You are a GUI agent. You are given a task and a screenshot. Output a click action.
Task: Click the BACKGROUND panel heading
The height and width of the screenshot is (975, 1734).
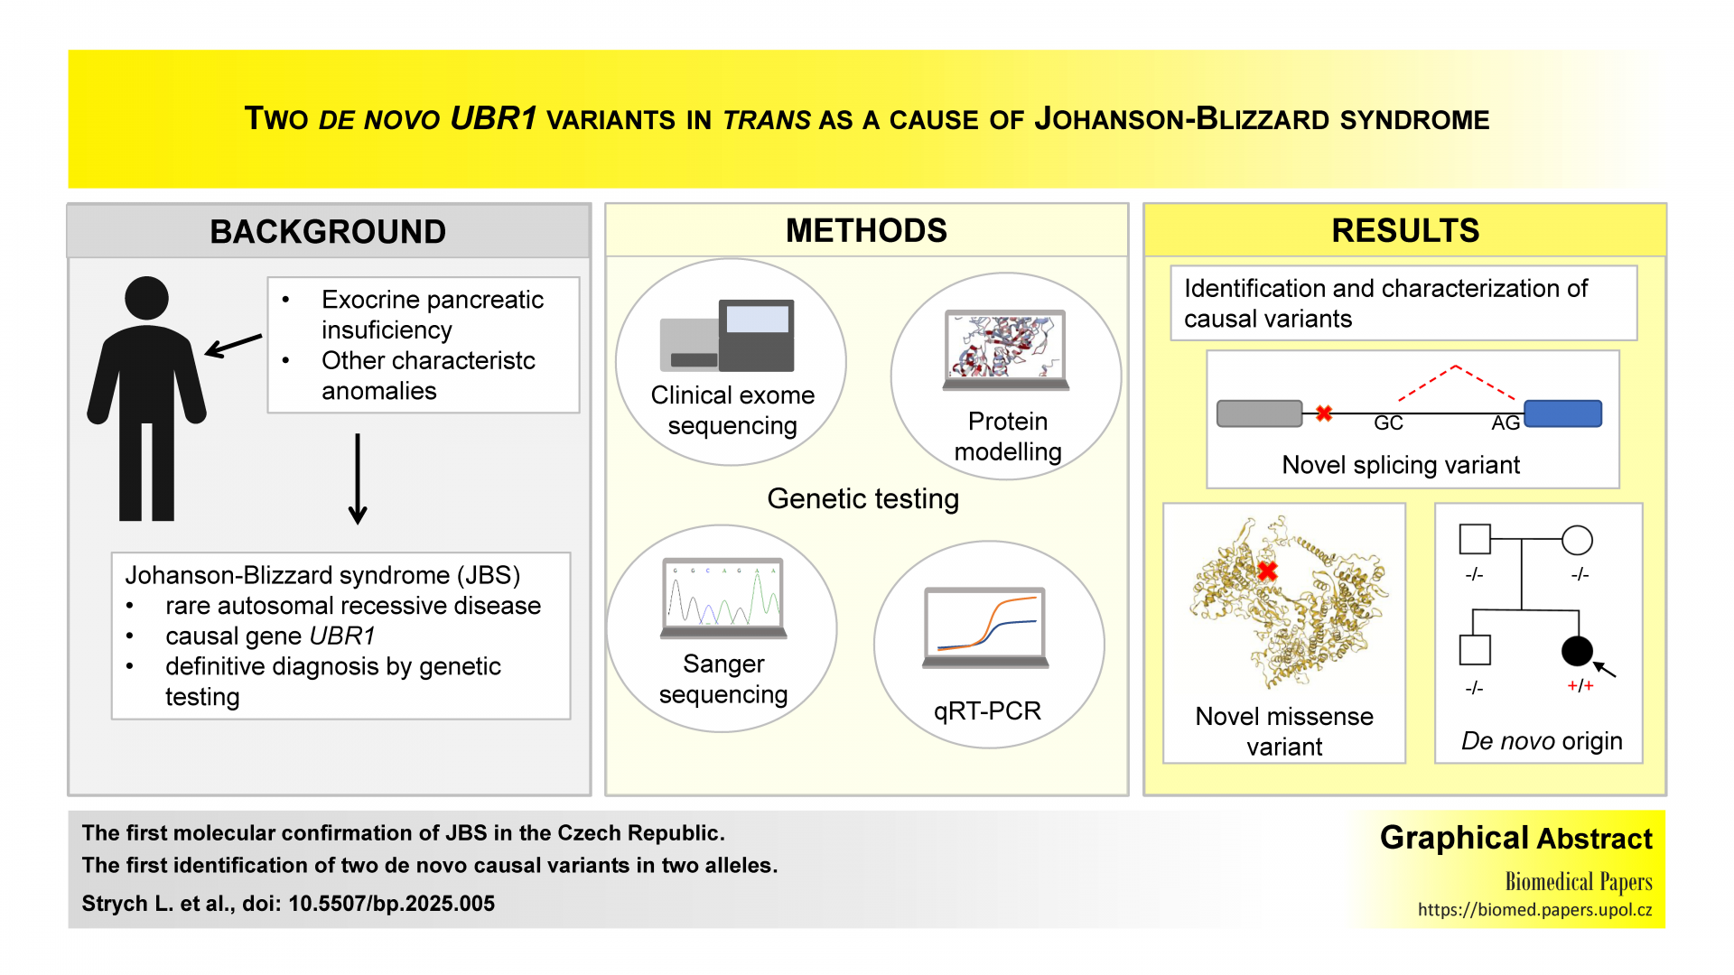[x=328, y=232]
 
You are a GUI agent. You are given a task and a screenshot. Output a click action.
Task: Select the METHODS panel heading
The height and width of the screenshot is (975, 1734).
[x=866, y=231]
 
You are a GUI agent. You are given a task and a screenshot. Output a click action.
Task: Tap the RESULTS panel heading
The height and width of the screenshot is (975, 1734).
[x=1405, y=231]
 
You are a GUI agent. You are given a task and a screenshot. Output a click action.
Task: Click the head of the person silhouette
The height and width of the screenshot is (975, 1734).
[x=146, y=298]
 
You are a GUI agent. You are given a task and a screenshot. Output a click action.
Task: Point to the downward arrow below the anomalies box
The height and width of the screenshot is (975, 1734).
[x=358, y=478]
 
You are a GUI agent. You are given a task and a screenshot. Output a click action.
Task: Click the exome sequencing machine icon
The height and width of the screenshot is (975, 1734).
[x=727, y=336]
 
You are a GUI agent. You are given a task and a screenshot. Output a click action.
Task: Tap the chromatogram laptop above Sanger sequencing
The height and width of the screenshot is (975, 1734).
[x=723, y=598]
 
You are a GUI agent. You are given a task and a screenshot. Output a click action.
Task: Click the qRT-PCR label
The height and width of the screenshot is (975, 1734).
[x=987, y=711]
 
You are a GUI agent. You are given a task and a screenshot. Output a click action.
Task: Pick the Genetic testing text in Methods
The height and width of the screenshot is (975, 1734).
[x=862, y=499]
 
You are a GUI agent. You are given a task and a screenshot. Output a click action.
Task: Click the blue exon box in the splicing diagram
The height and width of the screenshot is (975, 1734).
[x=1562, y=413]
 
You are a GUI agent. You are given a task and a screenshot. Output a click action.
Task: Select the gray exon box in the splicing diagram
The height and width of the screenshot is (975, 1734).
[x=1259, y=413]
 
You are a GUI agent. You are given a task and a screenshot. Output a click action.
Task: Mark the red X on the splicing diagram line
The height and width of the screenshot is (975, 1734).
[x=1324, y=413]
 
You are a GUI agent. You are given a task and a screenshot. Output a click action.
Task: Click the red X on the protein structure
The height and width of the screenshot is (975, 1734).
[x=1267, y=571]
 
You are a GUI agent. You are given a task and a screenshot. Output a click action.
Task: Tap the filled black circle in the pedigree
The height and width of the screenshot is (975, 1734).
[x=1577, y=650]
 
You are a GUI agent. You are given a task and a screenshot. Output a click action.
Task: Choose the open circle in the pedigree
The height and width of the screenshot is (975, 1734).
[x=1577, y=540]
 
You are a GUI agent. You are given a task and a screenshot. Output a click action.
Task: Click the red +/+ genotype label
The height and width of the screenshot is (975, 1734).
[x=1580, y=686]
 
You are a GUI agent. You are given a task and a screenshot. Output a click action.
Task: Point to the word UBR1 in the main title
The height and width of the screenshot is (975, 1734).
[x=493, y=118]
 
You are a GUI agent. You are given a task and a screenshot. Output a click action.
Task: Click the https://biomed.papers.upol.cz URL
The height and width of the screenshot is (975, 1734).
[x=1534, y=910]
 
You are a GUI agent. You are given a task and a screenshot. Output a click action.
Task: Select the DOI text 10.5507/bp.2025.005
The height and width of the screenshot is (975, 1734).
[x=391, y=904]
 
